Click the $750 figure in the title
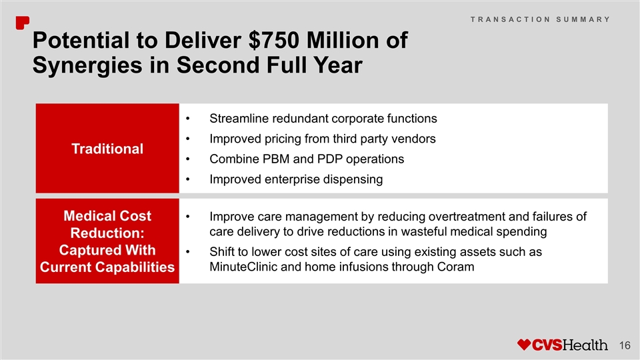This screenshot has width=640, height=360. [x=273, y=40]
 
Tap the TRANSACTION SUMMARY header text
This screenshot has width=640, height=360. [x=540, y=19]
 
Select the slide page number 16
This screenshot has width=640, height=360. [x=625, y=345]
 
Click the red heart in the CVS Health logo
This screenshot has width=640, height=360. [x=524, y=345]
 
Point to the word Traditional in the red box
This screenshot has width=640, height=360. [x=107, y=149]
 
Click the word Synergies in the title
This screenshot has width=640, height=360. [x=87, y=65]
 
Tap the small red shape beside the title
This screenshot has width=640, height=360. [x=23, y=23]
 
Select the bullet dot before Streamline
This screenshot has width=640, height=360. [x=188, y=119]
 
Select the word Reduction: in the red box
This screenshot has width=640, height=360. [x=107, y=233]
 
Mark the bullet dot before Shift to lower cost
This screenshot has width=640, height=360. [x=188, y=252]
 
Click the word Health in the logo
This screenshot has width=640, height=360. [x=585, y=345]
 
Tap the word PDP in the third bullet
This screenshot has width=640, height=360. [x=329, y=159]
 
